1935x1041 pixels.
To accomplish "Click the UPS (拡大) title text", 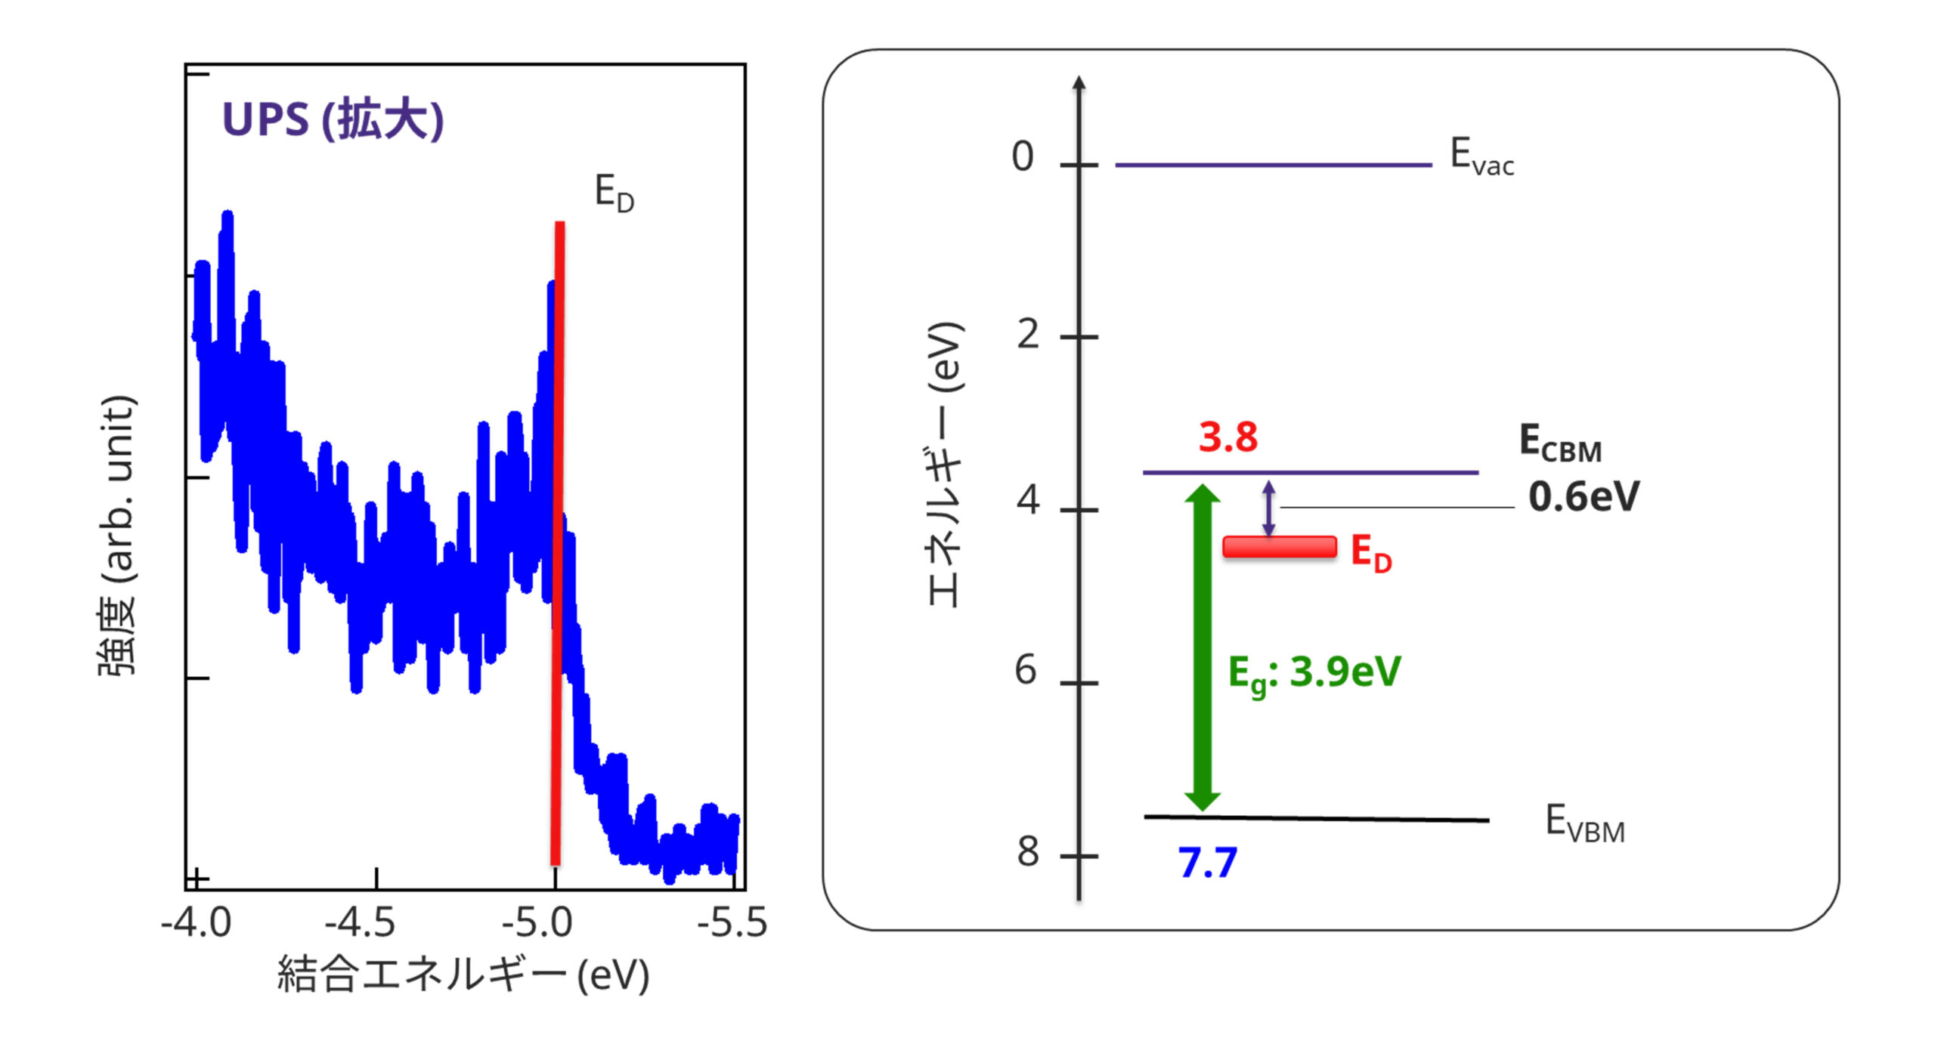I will tap(333, 119).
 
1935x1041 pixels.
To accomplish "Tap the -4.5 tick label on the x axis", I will tap(361, 922).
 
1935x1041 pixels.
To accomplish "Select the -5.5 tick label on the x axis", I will tap(732, 922).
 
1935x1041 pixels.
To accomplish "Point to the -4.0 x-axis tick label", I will tap(197, 922).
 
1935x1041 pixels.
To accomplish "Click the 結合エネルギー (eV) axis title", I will tap(463, 975).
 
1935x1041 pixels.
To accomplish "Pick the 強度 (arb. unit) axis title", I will tap(117, 535).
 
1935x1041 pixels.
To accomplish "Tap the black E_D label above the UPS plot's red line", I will tap(614, 193).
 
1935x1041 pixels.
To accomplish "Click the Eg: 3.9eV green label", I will tap(1314, 672).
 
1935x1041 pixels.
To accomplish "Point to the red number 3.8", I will tap(1228, 437).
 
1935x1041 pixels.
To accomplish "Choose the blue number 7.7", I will tap(1208, 863).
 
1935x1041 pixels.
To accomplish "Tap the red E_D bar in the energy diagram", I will tap(1280, 547).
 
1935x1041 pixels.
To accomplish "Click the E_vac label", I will tap(1481, 156).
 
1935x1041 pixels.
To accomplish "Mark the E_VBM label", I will tap(1585, 823).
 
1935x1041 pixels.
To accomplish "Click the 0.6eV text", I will tap(1584, 496).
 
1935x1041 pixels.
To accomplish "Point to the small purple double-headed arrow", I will tap(1269, 508).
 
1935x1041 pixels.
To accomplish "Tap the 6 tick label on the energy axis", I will tap(1025, 670).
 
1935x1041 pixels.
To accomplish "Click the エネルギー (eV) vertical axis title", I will tap(945, 464).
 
